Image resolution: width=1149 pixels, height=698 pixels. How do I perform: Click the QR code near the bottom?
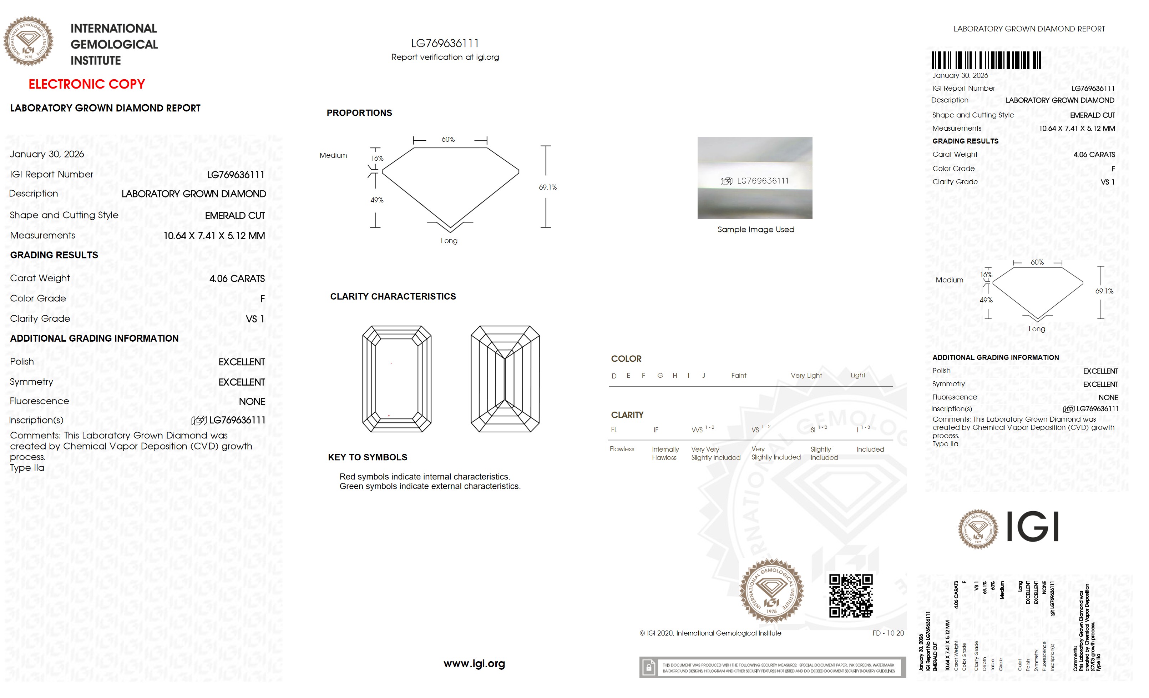[x=851, y=596]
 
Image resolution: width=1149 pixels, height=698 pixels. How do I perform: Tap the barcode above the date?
[x=986, y=60]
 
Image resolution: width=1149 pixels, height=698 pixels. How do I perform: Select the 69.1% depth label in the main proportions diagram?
[x=547, y=187]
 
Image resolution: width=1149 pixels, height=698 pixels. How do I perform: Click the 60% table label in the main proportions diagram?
[x=448, y=140]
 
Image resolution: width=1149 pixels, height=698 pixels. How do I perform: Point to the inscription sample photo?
[x=754, y=177]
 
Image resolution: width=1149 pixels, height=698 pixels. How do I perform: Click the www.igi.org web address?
[x=474, y=663]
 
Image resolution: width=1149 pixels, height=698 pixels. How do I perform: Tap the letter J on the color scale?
[x=703, y=376]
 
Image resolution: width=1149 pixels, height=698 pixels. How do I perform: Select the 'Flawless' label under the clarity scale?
[x=622, y=449]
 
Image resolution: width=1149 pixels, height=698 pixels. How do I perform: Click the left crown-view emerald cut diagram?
[x=396, y=379]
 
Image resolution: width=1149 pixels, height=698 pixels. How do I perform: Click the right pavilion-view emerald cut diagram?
[x=505, y=379]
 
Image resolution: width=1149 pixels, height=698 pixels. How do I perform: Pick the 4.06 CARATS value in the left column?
[x=237, y=278]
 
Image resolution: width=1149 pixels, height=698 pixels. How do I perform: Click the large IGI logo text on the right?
[x=1032, y=526]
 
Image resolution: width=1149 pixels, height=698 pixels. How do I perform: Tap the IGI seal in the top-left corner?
[x=29, y=41]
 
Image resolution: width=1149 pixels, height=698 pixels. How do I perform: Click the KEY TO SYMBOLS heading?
[x=368, y=457]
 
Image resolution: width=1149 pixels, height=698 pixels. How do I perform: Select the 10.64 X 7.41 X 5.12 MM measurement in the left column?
[x=214, y=236]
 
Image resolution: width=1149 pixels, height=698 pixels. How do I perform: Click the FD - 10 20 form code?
[x=888, y=633]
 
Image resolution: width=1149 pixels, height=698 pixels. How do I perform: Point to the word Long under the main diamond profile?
[x=449, y=241]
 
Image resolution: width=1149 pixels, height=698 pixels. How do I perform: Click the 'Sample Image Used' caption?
[x=755, y=230]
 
